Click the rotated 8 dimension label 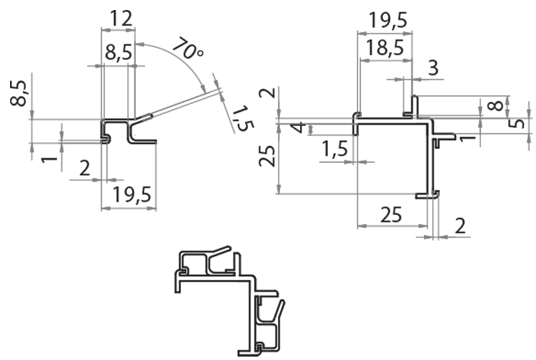tap(494, 105)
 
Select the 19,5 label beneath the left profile tap(131, 195)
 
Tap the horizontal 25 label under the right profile tap(392, 215)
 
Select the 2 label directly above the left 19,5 tap(84, 168)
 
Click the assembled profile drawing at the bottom tap(228, 295)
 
